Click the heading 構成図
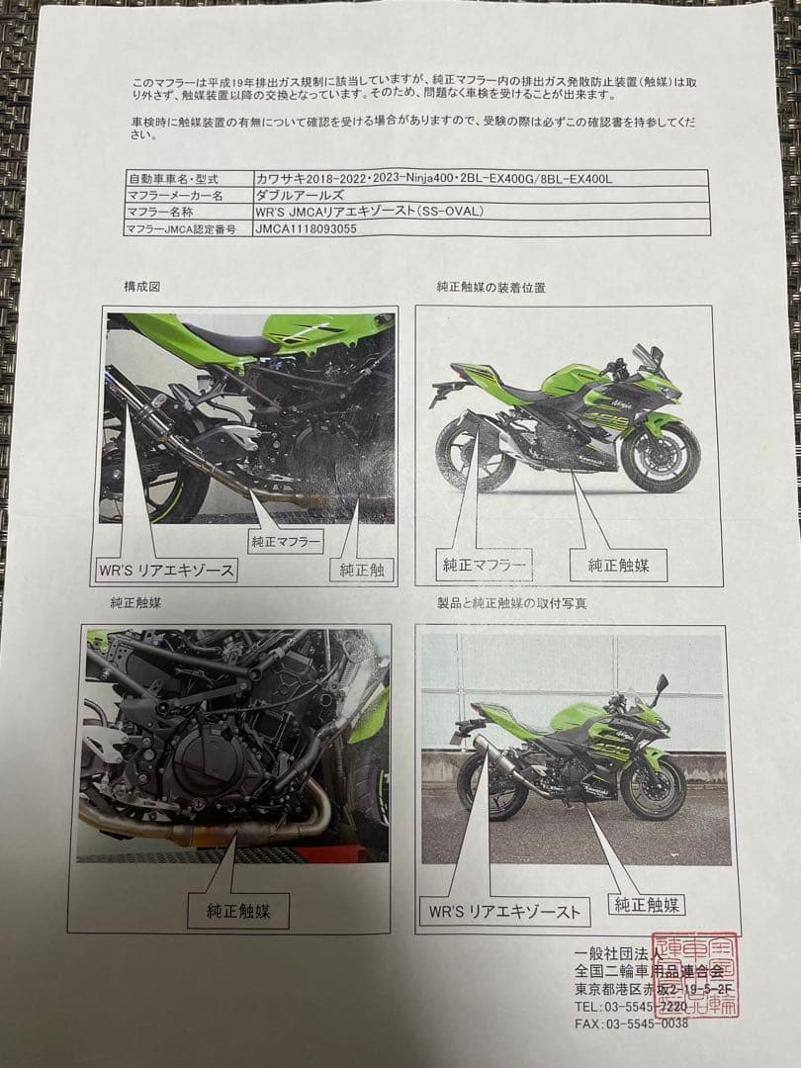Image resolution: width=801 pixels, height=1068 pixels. pyautogui.click(x=141, y=286)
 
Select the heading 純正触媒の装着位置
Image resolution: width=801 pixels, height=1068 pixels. pyautogui.click(x=490, y=287)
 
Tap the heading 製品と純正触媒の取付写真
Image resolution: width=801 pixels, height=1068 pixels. pyautogui.click(x=504, y=602)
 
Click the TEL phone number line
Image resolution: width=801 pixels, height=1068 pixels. pyautogui.click(x=630, y=1006)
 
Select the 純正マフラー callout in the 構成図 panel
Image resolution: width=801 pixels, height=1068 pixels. pyautogui.click(x=285, y=541)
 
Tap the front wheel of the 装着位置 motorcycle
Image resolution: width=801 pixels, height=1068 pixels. pyautogui.click(x=660, y=456)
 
